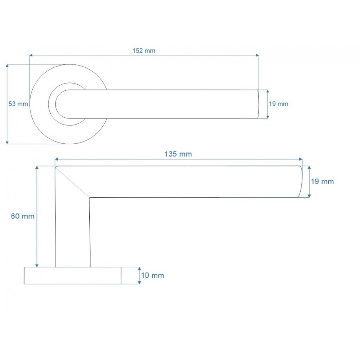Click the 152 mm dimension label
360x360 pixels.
pos(144,51)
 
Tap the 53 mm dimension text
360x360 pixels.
pos(18,104)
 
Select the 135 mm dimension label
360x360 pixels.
pos(178,154)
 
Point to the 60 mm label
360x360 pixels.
pos(22,216)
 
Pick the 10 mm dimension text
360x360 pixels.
pos(152,275)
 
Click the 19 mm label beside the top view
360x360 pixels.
pos(279,104)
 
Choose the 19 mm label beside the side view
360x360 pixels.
pos(322,181)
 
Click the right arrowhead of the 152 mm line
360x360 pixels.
pos(257,55)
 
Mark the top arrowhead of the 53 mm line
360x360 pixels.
pos(7,66)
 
